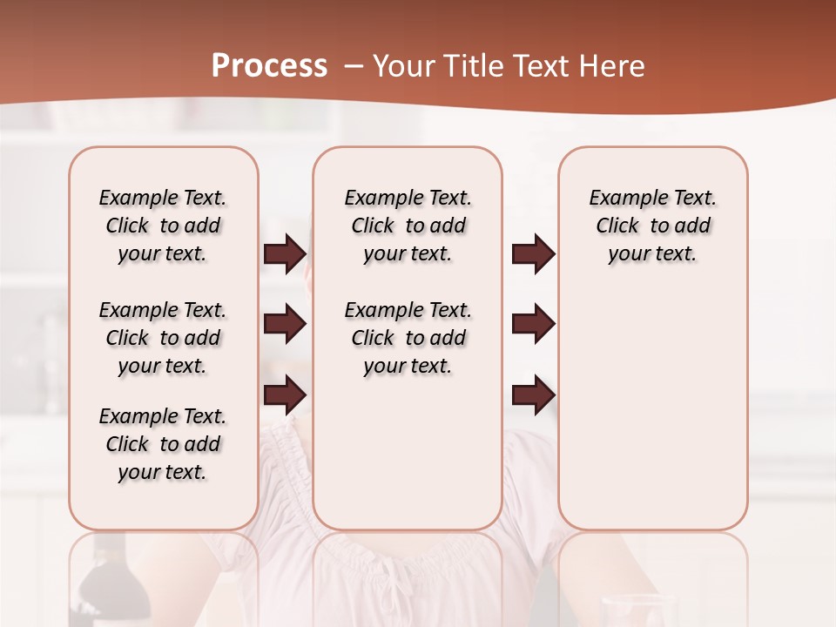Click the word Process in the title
click(269, 66)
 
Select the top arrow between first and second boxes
click(285, 254)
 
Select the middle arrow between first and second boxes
click(285, 325)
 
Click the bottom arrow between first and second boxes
click(285, 395)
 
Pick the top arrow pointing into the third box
click(532, 254)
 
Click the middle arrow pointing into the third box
click(532, 325)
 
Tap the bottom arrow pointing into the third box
click(532, 395)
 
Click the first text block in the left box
click(163, 226)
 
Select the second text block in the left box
click(163, 338)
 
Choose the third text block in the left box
click(163, 444)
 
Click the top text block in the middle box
click(408, 226)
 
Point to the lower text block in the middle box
click(408, 338)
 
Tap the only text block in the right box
click(652, 226)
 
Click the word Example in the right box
click(621, 198)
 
